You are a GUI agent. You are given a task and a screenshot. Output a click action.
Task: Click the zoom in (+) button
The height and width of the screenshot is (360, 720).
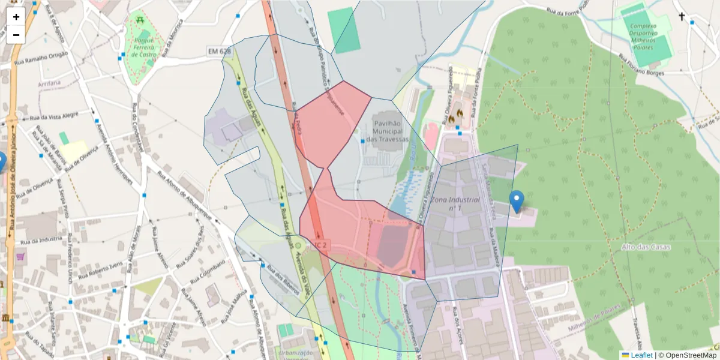pos(16,17)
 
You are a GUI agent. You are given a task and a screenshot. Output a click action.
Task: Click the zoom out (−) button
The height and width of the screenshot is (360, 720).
pos(16,35)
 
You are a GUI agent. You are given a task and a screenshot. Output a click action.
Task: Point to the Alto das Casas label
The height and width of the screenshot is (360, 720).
pos(646,247)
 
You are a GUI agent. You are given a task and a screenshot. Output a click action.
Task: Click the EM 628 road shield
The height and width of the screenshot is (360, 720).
pos(220,52)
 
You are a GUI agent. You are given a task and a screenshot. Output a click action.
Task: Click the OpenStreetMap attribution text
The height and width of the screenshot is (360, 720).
pos(687,355)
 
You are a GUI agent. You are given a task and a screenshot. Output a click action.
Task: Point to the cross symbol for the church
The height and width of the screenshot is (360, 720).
pos(682,16)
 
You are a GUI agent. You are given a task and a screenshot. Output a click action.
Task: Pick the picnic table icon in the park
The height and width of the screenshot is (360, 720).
pos(139,20)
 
